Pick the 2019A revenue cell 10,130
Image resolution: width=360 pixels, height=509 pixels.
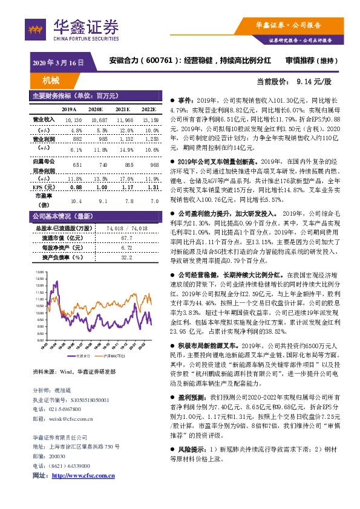click(73, 120)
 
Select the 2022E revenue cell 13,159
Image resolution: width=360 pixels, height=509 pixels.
click(150, 120)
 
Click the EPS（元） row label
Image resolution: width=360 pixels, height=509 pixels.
click(41, 188)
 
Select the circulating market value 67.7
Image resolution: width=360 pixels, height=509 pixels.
click(126, 239)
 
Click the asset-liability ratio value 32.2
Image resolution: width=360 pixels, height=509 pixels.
click(126, 258)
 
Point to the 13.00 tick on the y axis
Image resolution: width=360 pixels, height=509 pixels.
click(39, 273)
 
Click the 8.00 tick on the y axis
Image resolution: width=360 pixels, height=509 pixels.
click(39, 340)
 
